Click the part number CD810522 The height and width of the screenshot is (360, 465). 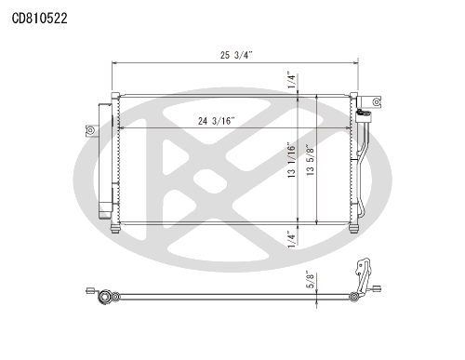[39, 19]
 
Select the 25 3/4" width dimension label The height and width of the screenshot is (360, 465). [236, 55]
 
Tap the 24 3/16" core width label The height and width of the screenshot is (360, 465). [217, 121]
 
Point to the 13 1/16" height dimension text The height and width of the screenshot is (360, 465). [291, 160]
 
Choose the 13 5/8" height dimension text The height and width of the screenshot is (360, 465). [310, 160]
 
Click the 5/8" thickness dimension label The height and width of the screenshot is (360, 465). [310, 280]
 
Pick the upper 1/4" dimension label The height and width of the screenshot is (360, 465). [291, 80]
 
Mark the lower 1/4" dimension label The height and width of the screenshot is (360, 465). [291, 239]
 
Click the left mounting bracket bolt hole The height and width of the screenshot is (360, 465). [90, 130]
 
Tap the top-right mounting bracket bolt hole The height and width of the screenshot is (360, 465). [377, 101]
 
